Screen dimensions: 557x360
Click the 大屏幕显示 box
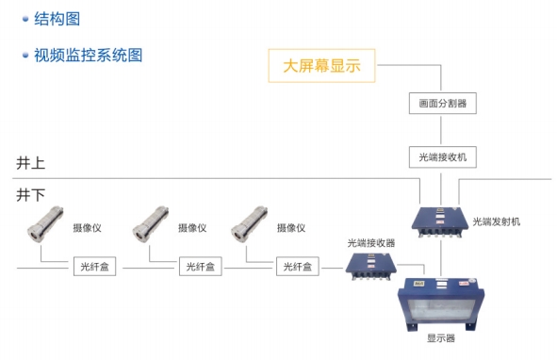coord(322,66)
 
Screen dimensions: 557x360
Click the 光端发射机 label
coord(497,221)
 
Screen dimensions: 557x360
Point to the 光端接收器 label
coord(371,242)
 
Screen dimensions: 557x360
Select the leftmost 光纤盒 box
coord(96,268)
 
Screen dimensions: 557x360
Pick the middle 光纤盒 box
coord(201,268)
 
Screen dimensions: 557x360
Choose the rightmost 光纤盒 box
coord(299,268)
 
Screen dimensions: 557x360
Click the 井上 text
coord(31,163)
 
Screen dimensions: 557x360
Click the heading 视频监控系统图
coord(89,55)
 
